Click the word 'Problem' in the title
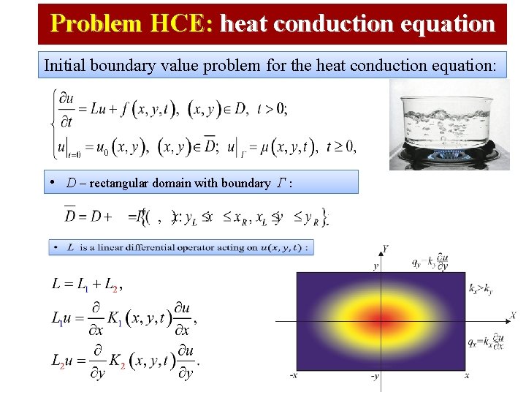[x=94, y=24]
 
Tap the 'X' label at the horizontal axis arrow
[x=513, y=315]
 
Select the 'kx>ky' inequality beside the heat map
[x=480, y=288]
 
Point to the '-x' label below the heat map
[x=293, y=376]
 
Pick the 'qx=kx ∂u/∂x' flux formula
[x=486, y=342]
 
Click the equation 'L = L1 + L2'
[x=86, y=283]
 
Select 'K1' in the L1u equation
[x=115, y=318]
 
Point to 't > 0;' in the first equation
[x=272, y=108]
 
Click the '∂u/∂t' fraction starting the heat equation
[x=69, y=108]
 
